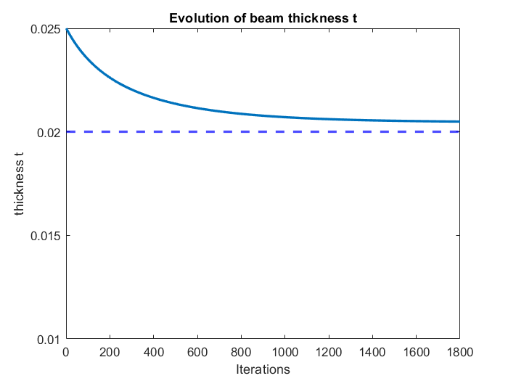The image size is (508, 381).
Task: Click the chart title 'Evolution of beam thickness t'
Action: [x=262, y=18]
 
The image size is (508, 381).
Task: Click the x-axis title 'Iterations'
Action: [x=263, y=369]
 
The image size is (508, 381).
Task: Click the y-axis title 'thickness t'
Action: [x=20, y=184]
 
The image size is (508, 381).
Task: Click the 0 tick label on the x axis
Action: [x=66, y=353]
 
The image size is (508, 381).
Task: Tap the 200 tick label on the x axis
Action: [x=110, y=353]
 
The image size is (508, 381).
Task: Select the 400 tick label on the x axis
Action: [x=153, y=353]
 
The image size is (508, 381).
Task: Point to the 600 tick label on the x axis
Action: [x=197, y=353]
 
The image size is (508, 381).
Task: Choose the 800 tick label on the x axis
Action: [x=241, y=353]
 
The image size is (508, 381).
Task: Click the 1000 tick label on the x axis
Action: [x=284, y=353]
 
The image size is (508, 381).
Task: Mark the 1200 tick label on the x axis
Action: [x=329, y=353]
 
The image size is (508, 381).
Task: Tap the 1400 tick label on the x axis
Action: [x=372, y=353]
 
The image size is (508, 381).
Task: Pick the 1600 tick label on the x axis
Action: [x=416, y=353]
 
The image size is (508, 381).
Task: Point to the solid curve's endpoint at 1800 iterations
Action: [x=459, y=121]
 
